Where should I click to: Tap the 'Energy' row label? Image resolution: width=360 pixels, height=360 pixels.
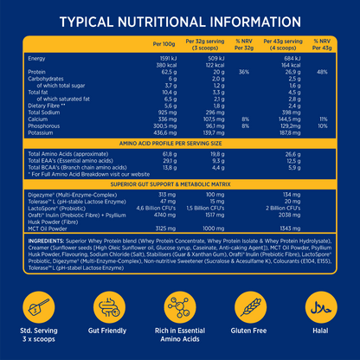(x=40, y=58)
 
